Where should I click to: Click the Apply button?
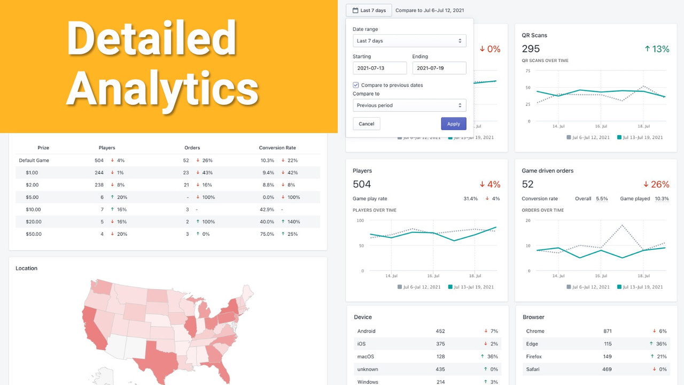(x=453, y=124)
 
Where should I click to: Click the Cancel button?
(x=366, y=124)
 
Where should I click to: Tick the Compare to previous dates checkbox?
(x=356, y=85)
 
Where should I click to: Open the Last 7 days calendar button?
(x=369, y=10)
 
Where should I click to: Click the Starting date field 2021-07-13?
(x=379, y=68)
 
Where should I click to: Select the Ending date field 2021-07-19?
(x=439, y=68)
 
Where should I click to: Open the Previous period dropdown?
(x=409, y=105)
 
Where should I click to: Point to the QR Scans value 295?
(x=531, y=49)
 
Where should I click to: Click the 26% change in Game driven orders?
(x=656, y=184)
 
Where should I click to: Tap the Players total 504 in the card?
(x=362, y=184)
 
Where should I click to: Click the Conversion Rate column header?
(x=277, y=148)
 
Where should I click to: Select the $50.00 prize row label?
(x=33, y=234)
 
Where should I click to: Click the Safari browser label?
(x=533, y=369)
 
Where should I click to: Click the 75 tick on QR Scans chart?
(x=527, y=71)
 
